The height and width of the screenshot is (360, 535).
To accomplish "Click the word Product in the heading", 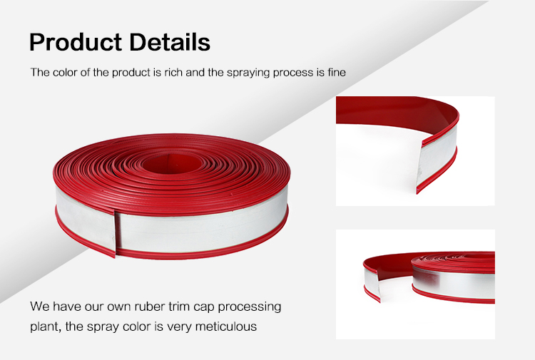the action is pos(76,42).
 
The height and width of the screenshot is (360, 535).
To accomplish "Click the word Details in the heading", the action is pos(170,42).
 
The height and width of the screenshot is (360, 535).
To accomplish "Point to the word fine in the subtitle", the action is pos(337,72).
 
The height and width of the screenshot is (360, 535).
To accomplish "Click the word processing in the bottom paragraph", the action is pos(250,307).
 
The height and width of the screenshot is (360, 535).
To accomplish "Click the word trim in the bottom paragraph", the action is pos(180,307).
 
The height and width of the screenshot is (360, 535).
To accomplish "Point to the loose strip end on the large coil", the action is pos(116,234).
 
